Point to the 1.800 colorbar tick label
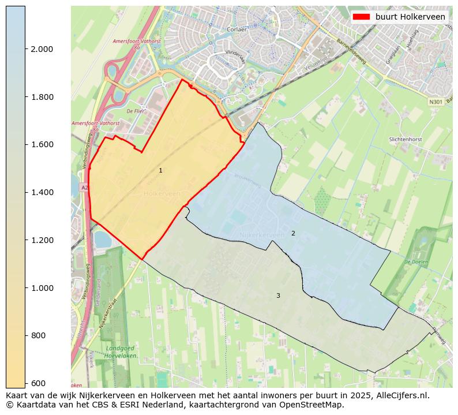click(42, 97)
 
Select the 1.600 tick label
click(42, 145)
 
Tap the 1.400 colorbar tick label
click(42, 193)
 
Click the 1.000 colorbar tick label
click(42, 288)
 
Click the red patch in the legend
click(362, 17)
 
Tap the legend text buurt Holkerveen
click(410, 17)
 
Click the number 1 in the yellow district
click(160, 171)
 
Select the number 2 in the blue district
click(293, 233)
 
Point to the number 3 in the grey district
click(278, 296)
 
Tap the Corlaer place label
click(237, 29)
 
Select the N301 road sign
click(436, 102)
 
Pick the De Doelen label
click(415, 262)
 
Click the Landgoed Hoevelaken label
click(120, 352)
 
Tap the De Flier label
click(135, 110)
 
